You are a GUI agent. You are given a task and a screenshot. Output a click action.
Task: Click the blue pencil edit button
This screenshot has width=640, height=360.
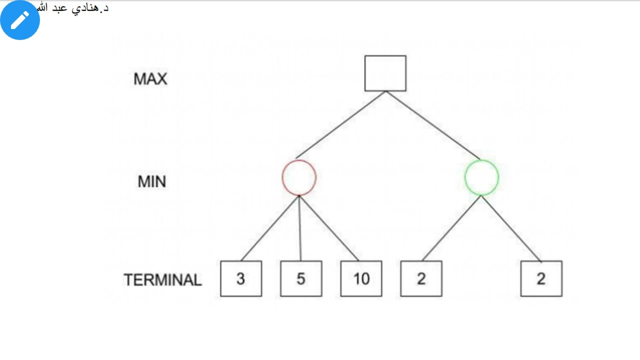(20, 20)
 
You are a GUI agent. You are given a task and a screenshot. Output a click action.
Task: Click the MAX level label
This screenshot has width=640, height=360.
(150, 79)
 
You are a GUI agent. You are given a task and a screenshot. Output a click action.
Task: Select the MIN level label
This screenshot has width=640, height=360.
(151, 181)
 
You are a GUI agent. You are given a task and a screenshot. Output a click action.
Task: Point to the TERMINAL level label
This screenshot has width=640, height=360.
(162, 280)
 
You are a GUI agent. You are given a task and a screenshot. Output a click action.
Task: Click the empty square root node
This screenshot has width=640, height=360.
(385, 73)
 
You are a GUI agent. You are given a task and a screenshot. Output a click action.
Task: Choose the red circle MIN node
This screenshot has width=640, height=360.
(299, 177)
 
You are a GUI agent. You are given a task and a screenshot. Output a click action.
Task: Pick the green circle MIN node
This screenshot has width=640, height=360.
(481, 177)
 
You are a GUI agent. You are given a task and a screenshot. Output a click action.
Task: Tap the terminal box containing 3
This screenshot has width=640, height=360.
(241, 279)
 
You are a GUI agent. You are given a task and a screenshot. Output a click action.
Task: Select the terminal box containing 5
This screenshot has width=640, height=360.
(301, 279)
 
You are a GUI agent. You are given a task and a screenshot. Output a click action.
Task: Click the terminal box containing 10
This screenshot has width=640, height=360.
(361, 279)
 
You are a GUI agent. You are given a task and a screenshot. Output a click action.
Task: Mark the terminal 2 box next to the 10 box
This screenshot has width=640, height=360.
(421, 279)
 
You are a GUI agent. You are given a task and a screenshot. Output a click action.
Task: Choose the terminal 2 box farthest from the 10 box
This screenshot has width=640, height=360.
(541, 279)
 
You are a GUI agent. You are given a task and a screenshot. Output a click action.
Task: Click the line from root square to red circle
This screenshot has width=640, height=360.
(340, 125)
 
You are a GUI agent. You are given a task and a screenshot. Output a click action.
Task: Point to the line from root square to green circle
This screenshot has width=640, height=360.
(433, 125)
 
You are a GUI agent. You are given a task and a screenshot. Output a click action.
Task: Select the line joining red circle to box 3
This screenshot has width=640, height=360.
(270, 228)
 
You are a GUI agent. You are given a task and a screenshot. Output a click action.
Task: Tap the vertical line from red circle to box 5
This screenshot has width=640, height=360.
(300, 228)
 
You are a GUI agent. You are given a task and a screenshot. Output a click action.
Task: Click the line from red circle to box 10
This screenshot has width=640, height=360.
(329, 228)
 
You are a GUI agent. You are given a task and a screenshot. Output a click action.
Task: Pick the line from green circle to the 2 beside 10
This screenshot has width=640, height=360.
(451, 228)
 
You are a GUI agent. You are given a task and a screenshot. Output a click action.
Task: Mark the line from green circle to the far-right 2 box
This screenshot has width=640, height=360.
(511, 228)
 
